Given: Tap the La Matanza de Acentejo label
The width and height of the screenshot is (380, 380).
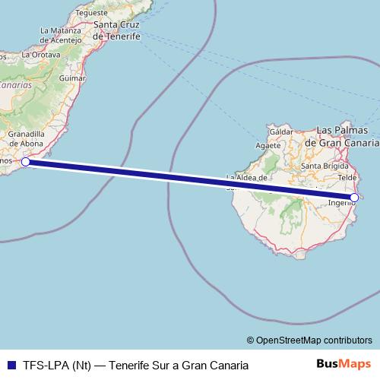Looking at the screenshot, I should [x=54, y=35].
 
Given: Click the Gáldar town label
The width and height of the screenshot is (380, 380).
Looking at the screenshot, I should [x=280, y=131].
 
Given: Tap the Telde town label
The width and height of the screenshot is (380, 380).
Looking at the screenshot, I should [x=347, y=176].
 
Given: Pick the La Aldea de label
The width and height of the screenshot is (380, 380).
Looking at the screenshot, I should [x=247, y=178].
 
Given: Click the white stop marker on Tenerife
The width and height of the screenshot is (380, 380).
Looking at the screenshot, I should [x=25, y=161].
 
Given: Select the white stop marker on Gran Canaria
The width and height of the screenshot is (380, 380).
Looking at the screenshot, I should [x=354, y=198].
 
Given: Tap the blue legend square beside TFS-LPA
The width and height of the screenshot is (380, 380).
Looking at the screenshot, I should [x=9, y=365].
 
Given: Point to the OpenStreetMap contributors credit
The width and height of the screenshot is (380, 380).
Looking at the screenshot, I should [x=309, y=340].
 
